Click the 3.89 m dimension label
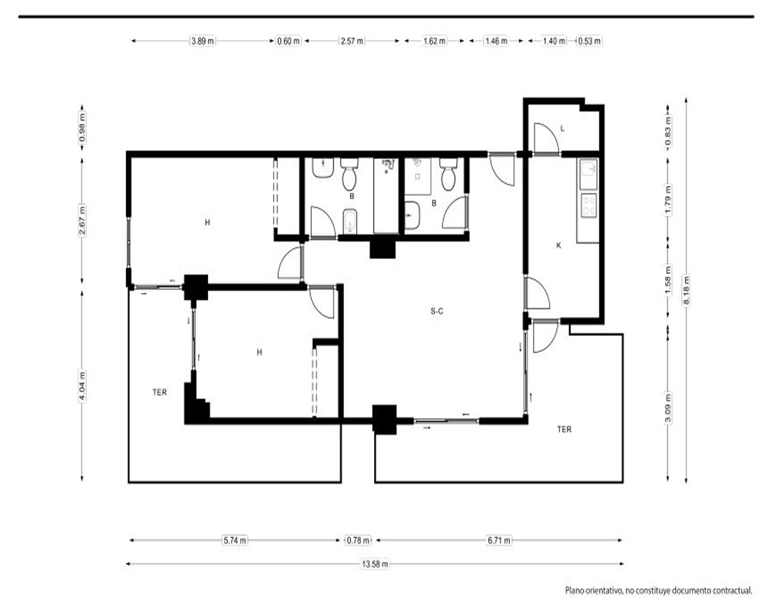click(x=202, y=42)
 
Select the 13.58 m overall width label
click(x=375, y=564)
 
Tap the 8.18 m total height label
click(x=686, y=291)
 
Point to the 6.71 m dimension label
click(x=498, y=540)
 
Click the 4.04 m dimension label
click(x=82, y=387)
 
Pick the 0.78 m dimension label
click(x=358, y=540)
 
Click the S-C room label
click(x=437, y=311)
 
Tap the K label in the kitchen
click(x=559, y=246)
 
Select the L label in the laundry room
click(x=562, y=129)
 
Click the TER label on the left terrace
click(x=160, y=392)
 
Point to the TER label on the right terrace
click(x=564, y=430)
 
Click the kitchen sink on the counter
click(x=588, y=174)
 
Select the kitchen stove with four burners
click(x=588, y=205)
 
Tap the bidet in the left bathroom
click(x=349, y=221)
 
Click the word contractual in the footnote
click(x=730, y=591)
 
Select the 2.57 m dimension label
click(x=353, y=42)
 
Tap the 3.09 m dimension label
click(x=667, y=407)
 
